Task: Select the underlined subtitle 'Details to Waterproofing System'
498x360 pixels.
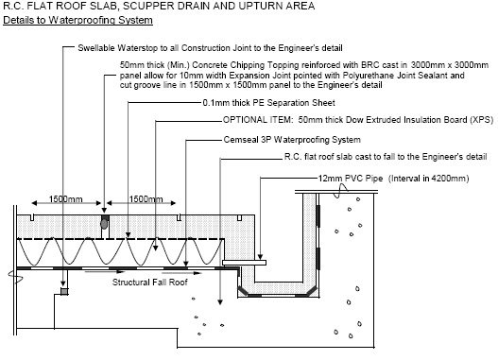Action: (x=77, y=20)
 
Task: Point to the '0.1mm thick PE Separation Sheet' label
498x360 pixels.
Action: (x=268, y=103)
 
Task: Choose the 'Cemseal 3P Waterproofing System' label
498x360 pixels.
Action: (x=292, y=140)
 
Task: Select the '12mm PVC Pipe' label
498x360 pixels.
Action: (x=351, y=179)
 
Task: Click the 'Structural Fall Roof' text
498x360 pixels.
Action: (x=150, y=283)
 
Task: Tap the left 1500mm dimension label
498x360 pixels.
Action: (x=65, y=199)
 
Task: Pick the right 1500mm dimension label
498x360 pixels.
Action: (x=146, y=199)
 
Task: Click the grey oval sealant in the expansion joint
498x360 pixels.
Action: (x=104, y=224)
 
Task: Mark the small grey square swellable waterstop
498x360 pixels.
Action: (x=64, y=291)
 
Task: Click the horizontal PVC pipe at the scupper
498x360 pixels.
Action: (x=244, y=263)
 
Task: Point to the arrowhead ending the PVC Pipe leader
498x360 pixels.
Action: (x=260, y=257)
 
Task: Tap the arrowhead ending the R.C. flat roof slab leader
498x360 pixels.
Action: (x=220, y=301)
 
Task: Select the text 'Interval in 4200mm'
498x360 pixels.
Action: (x=429, y=179)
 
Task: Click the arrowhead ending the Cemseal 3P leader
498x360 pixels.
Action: (x=186, y=264)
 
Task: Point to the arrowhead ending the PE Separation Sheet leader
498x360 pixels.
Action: (x=128, y=234)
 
